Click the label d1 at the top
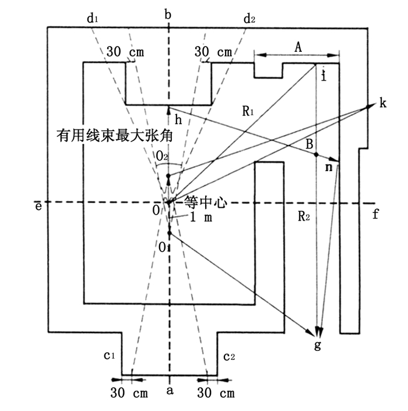click(x=92, y=19)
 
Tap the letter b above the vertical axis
click(x=168, y=15)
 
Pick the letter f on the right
click(x=376, y=214)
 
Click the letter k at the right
click(x=382, y=103)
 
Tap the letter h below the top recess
click(x=178, y=121)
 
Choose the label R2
click(x=303, y=217)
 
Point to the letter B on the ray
click(x=310, y=143)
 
